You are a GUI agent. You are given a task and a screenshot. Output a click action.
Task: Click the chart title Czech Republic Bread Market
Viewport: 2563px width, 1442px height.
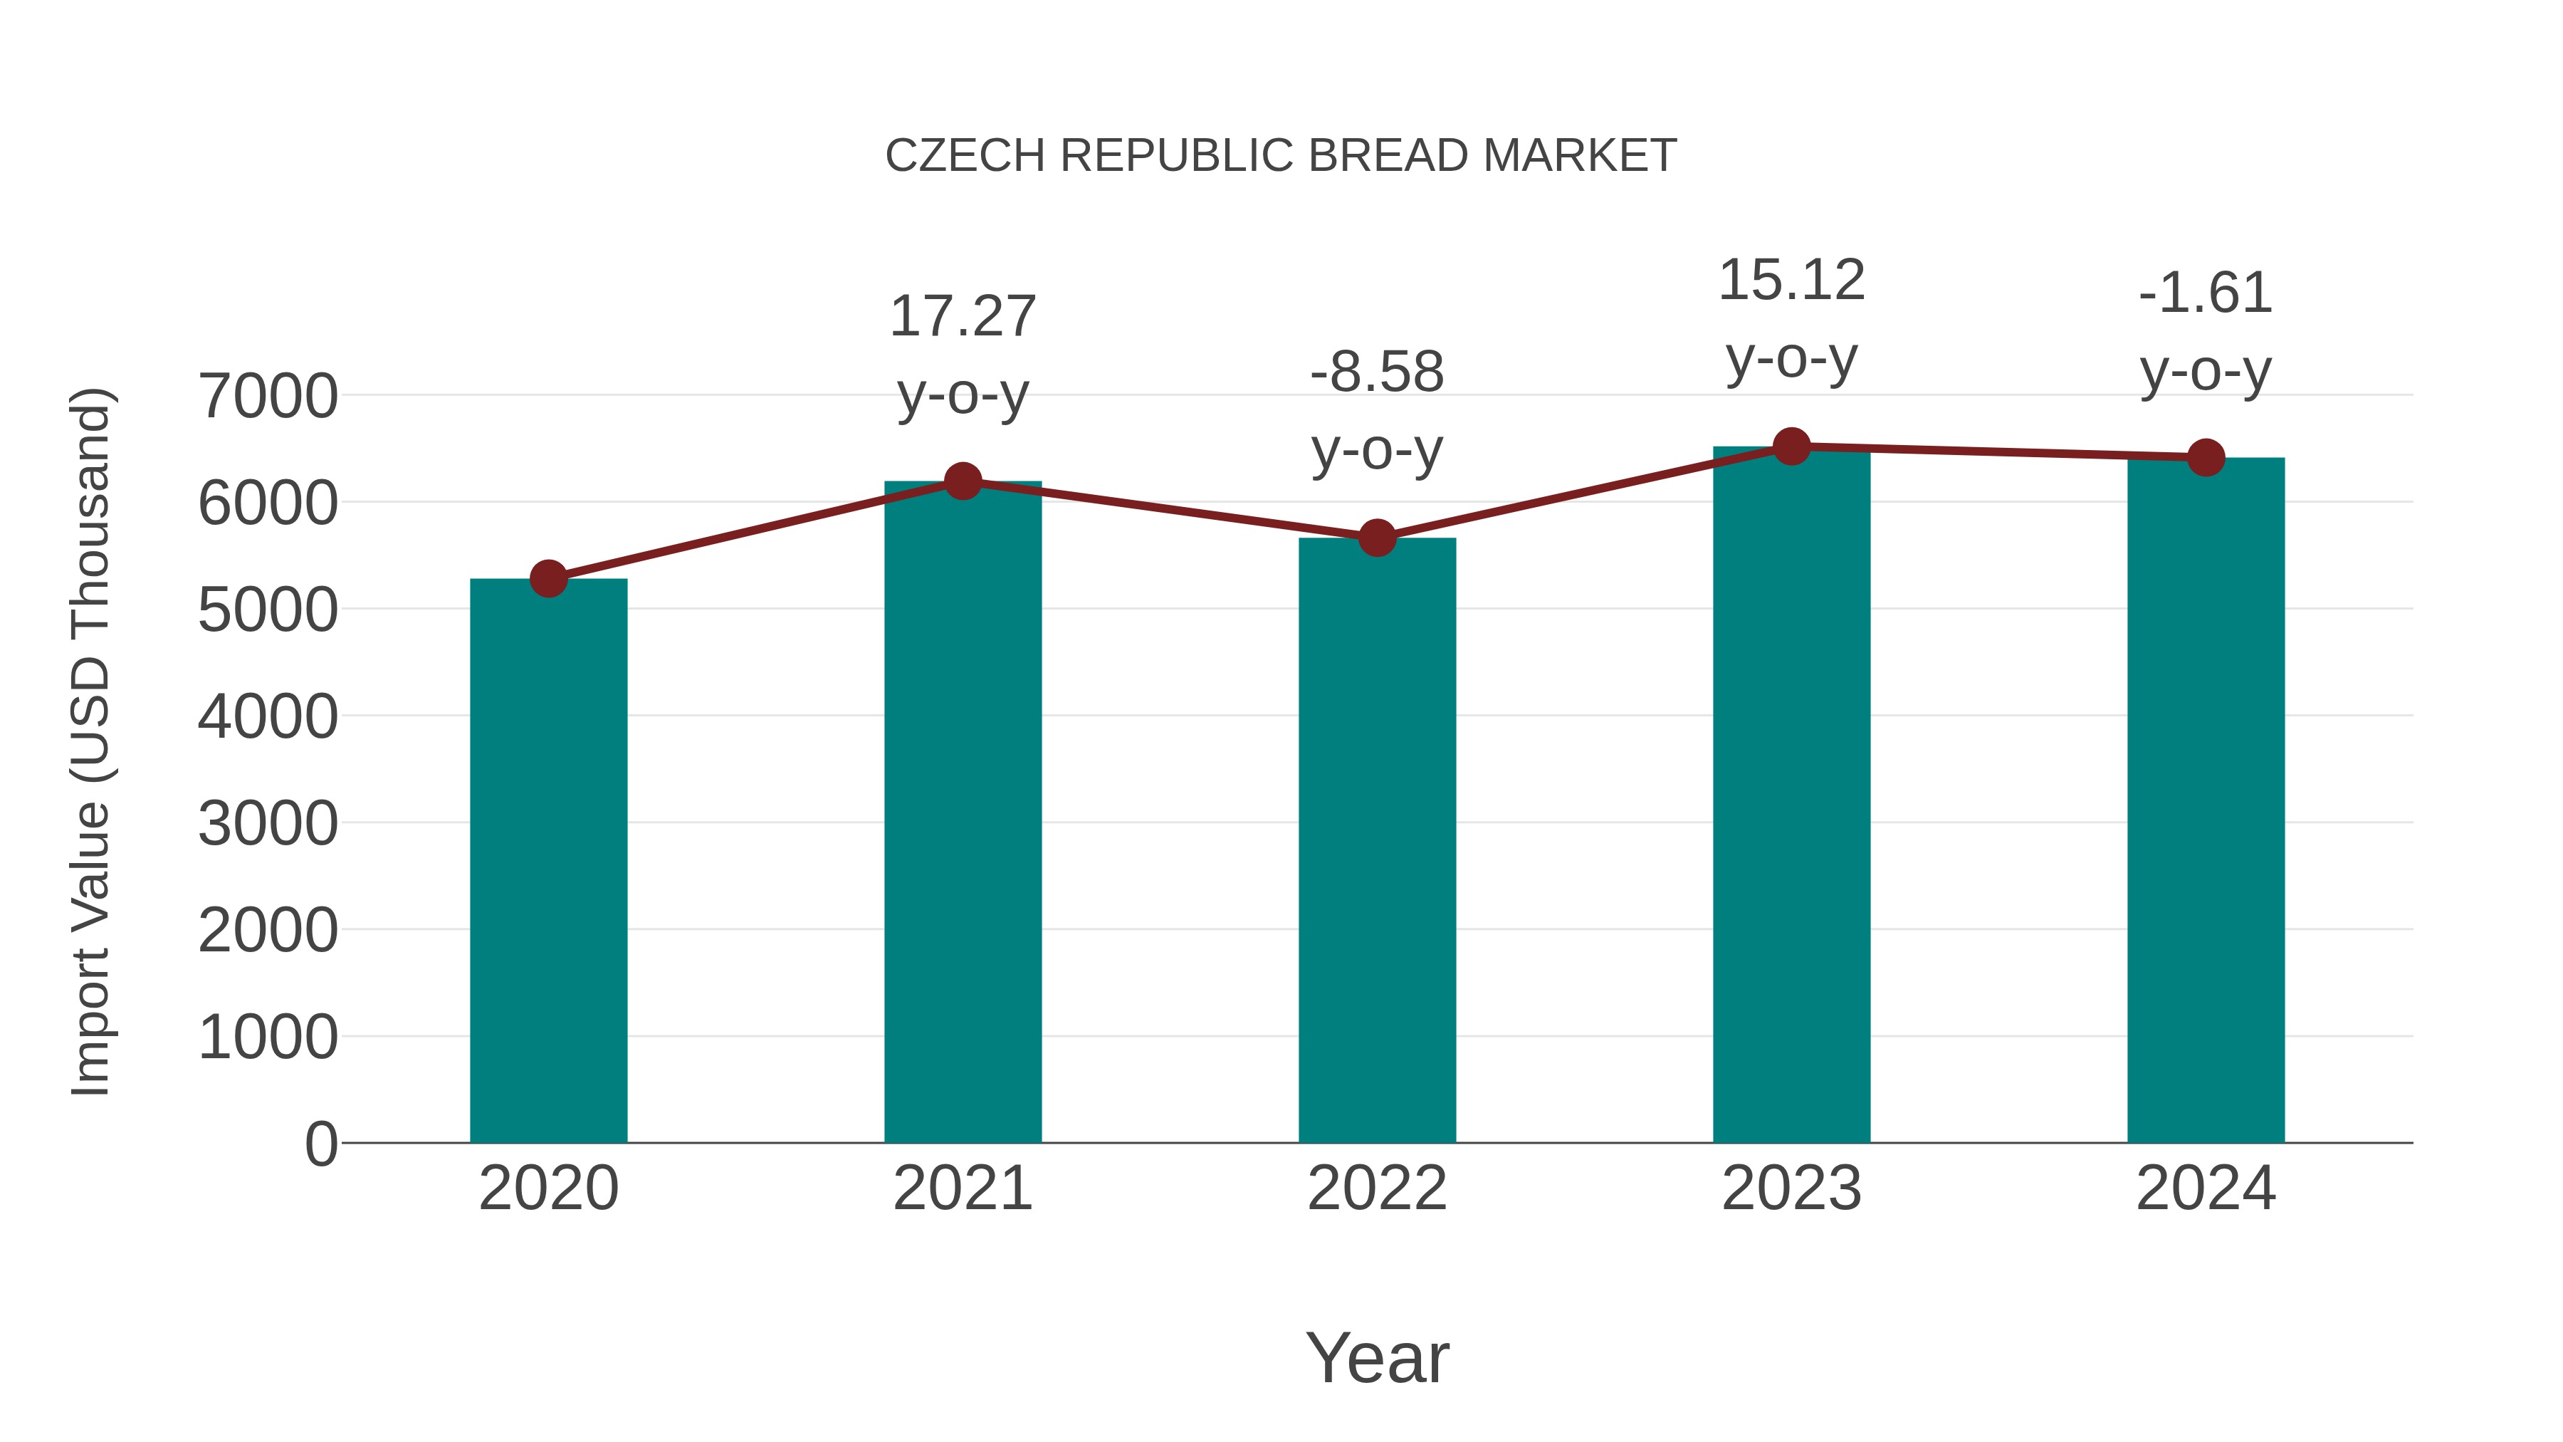tap(1281, 156)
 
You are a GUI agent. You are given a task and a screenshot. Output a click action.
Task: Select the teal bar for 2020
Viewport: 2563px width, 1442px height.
tap(548, 861)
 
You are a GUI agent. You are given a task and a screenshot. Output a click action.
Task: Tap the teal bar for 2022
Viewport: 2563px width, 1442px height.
tap(1377, 841)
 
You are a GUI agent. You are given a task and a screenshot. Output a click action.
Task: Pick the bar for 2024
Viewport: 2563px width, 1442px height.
tap(2206, 801)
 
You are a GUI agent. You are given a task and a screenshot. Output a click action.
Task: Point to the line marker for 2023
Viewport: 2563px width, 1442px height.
tap(1791, 446)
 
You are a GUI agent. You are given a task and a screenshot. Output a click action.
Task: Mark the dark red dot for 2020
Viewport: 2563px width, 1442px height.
tap(548, 578)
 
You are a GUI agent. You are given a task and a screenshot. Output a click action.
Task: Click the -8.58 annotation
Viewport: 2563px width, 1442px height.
tap(1377, 372)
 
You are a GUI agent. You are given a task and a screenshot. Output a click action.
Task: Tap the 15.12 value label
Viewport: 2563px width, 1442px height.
tap(1791, 280)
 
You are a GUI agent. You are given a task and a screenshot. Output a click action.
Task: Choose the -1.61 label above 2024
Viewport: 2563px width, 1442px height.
tap(2206, 293)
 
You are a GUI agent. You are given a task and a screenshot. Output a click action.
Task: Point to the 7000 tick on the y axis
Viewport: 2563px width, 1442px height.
tap(268, 396)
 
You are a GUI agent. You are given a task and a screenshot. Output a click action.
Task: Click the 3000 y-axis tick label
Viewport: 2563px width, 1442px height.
tap(268, 824)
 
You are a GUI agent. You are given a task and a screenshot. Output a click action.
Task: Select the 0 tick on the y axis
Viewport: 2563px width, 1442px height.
tap(320, 1144)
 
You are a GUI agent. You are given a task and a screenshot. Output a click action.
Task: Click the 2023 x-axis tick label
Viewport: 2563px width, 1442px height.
tap(1791, 1188)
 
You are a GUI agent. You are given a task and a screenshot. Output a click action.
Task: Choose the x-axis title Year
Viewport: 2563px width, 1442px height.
tap(1377, 1357)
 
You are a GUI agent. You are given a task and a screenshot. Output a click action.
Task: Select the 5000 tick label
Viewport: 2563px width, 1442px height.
tap(268, 610)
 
